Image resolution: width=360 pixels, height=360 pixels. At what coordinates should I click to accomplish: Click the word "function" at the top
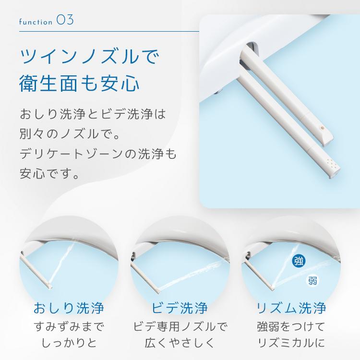[36, 22]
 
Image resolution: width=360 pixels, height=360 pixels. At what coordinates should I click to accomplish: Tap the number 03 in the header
[65, 20]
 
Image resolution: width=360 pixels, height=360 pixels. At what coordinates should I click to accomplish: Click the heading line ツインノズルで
[90, 57]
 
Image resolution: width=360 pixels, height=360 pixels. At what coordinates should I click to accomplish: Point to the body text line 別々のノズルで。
[70, 134]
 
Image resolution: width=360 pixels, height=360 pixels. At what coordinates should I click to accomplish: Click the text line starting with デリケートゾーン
[98, 154]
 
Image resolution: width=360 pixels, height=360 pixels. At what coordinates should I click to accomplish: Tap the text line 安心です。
[49, 173]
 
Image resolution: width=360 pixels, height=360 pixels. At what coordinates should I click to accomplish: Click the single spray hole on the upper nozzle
[323, 127]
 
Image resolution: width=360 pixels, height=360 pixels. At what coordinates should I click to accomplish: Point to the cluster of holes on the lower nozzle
[332, 163]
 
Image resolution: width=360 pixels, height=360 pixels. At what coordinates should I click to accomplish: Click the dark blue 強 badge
[299, 261]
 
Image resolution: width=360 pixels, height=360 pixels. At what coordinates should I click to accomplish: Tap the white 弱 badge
[312, 280]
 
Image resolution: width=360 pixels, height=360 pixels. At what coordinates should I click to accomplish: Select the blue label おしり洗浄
[69, 308]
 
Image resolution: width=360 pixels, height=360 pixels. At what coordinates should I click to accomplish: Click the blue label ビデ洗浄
[180, 308]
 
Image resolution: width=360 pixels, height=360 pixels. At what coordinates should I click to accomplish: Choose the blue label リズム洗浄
[291, 308]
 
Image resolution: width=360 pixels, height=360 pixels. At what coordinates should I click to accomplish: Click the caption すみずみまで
[69, 326]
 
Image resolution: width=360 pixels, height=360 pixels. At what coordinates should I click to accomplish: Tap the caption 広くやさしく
[180, 343]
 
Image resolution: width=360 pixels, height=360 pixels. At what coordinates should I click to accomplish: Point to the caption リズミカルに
[291, 343]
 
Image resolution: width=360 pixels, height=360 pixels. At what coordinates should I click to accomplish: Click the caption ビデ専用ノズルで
[180, 326]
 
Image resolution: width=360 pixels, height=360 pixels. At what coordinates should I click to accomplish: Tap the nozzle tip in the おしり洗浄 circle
[50, 286]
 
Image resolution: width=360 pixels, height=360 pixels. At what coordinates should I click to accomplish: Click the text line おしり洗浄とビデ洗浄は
[93, 114]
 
